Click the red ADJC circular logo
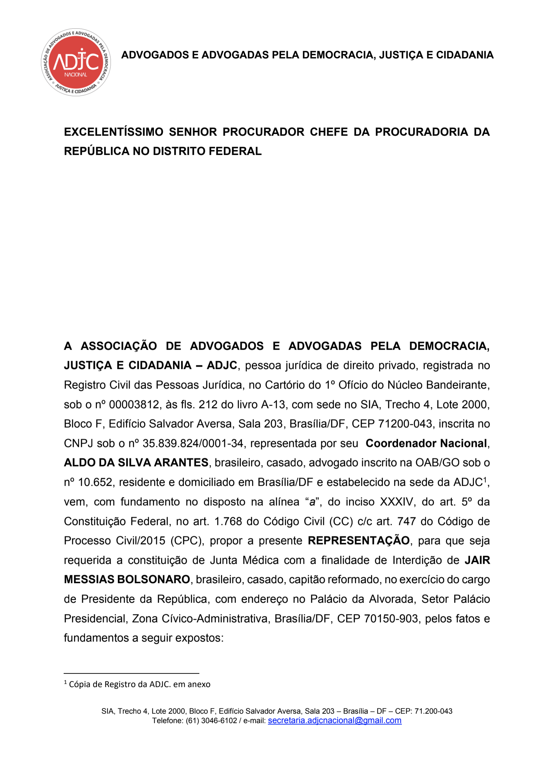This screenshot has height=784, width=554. [x=76, y=62]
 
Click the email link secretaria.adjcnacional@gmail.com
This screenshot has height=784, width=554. [x=334, y=720]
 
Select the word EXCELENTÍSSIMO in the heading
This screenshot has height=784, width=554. [x=113, y=132]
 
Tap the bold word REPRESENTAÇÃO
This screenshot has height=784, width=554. [x=358, y=541]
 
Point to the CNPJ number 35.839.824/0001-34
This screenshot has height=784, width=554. [x=193, y=443]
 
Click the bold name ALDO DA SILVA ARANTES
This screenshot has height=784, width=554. [x=136, y=463]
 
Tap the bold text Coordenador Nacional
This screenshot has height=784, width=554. [x=426, y=443]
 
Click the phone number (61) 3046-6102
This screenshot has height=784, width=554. [x=211, y=721]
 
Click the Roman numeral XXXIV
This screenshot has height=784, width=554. [x=396, y=502]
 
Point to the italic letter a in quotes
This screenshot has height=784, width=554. [x=312, y=502]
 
